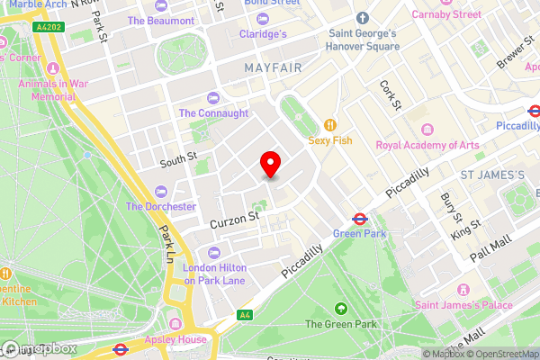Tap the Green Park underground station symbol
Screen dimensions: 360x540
[x=357, y=217]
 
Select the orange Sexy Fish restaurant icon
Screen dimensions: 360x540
[x=331, y=125]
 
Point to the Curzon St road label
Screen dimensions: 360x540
[x=234, y=217]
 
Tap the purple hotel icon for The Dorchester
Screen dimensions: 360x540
[x=161, y=191]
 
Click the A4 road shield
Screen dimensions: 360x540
[x=244, y=315]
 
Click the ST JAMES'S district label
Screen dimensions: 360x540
[x=492, y=174]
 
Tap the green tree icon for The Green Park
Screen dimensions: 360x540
[x=339, y=309]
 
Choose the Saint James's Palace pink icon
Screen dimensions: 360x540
[x=463, y=289]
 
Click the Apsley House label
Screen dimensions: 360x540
[x=175, y=340]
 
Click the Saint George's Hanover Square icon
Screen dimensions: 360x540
[x=363, y=18]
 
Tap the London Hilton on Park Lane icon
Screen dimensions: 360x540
[x=213, y=253]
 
